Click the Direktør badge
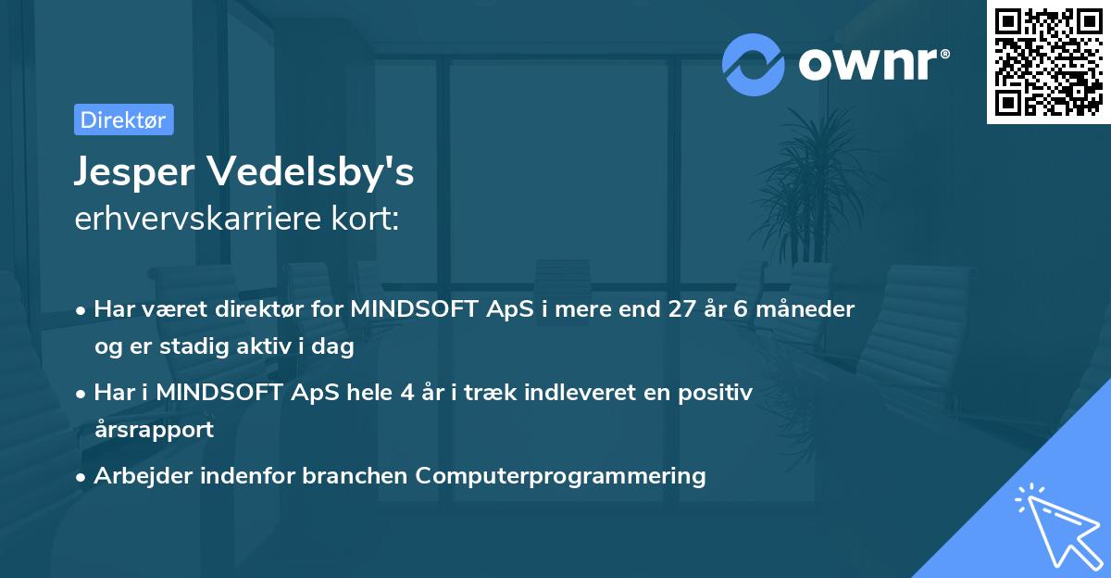(x=123, y=119)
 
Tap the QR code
(x=1046, y=61)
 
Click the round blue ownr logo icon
(x=754, y=64)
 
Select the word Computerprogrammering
(x=560, y=475)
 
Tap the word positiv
(x=716, y=392)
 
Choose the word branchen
(x=355, y=475)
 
